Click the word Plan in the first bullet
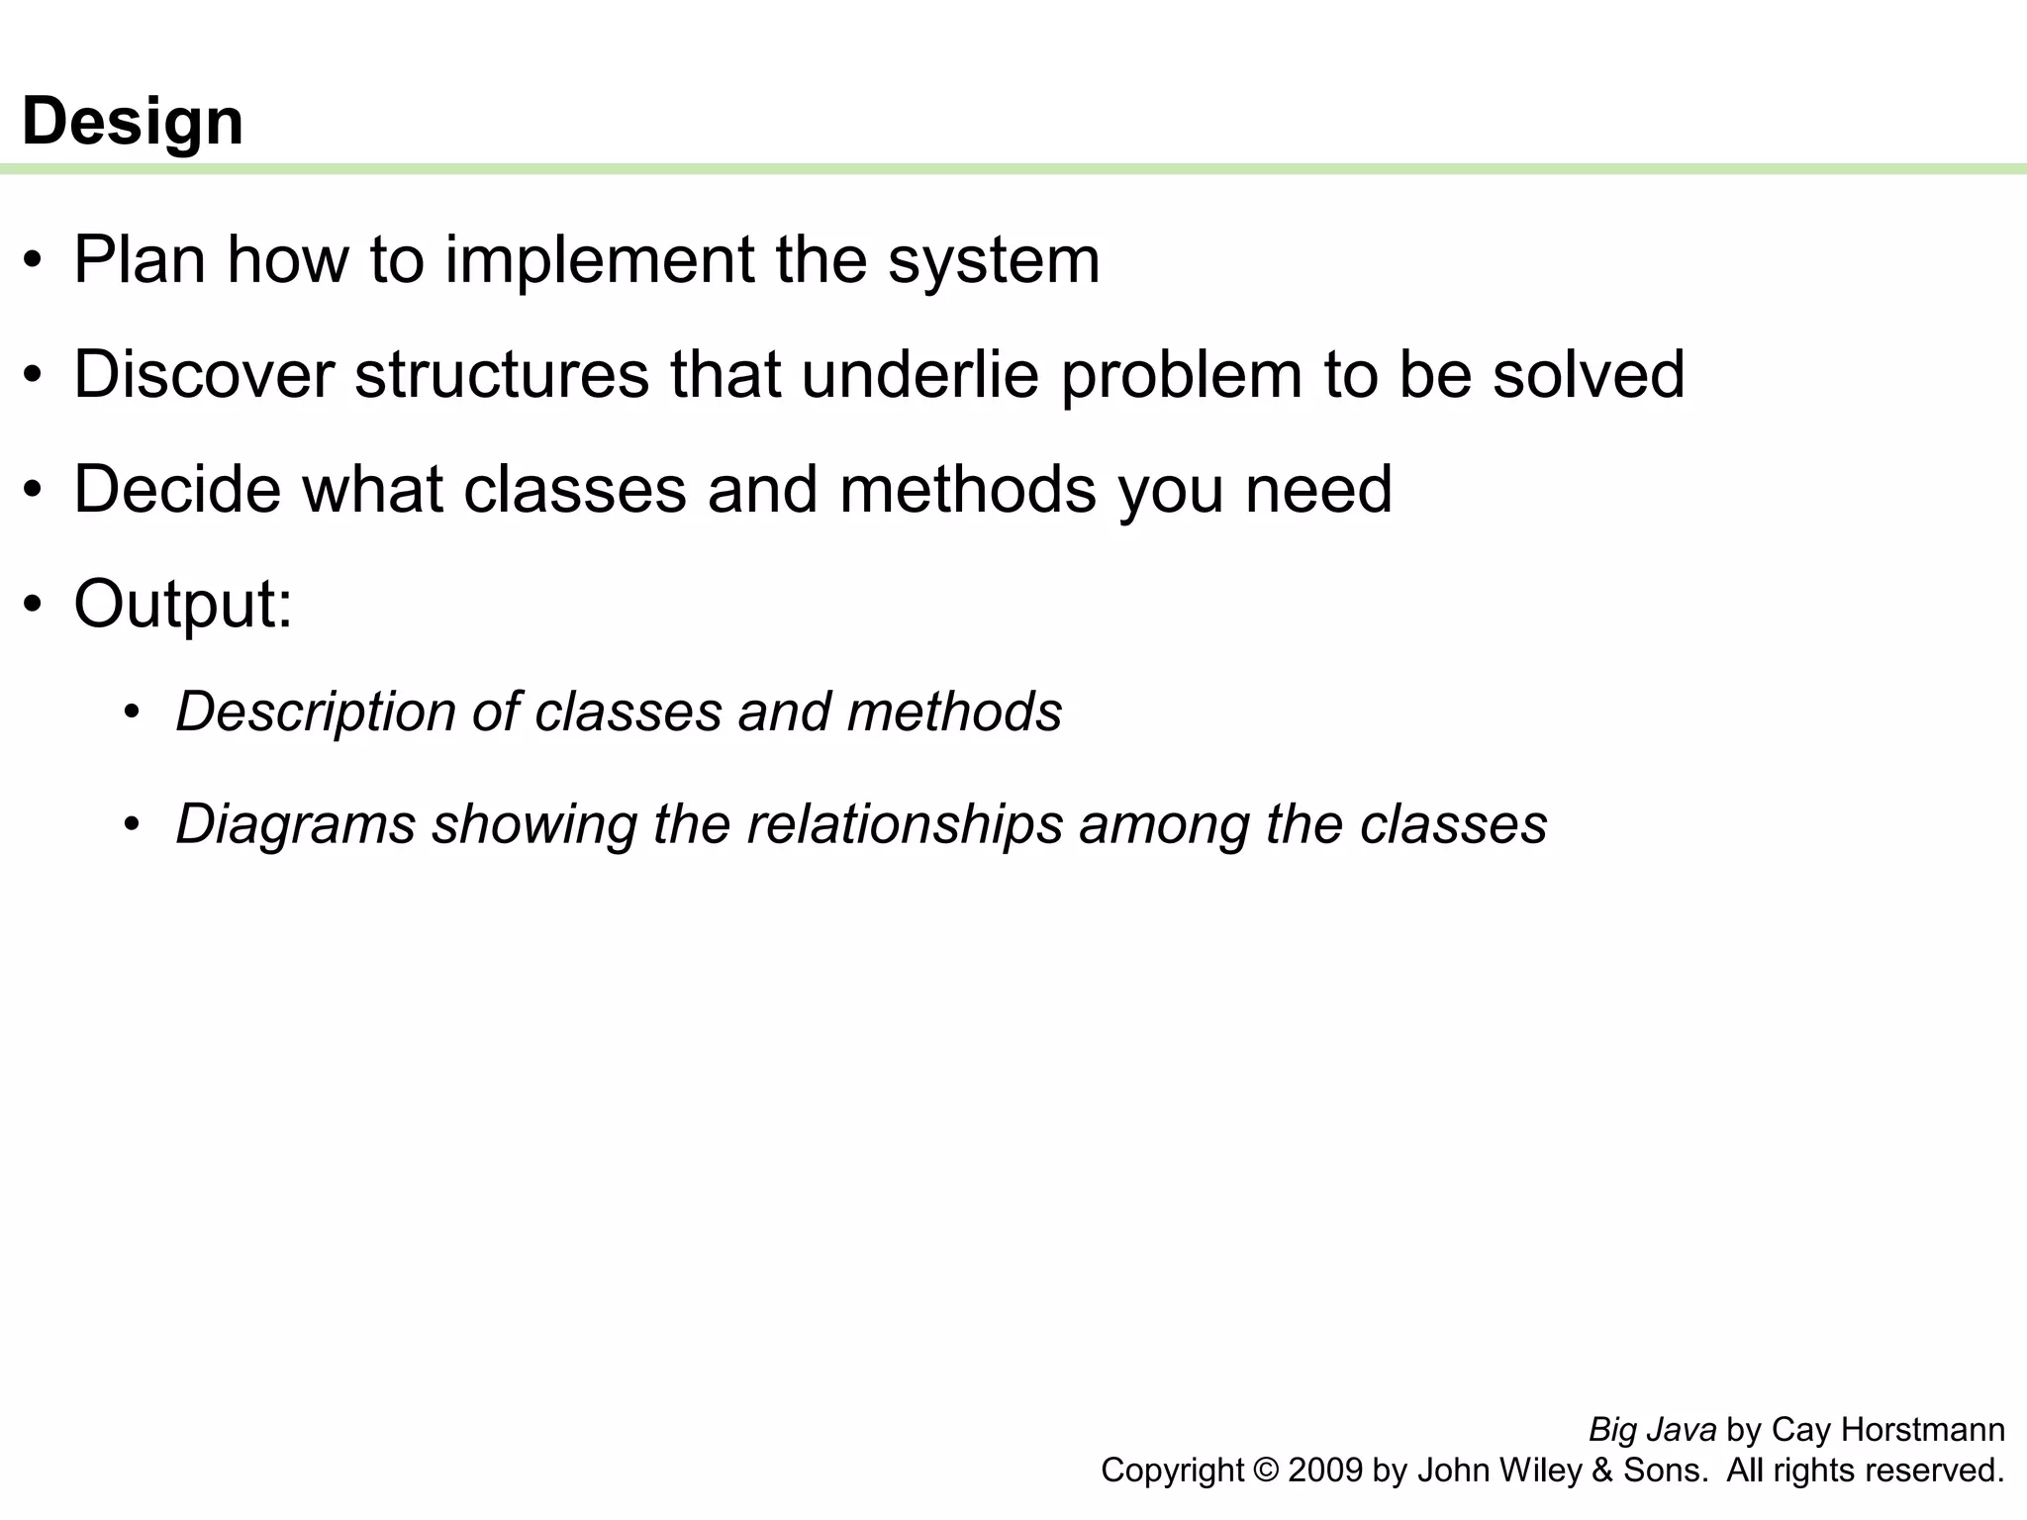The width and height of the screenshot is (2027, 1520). tap(139, 260)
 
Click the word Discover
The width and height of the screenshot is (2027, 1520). tap(203, 375)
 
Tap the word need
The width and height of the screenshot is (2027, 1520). tap(1318, 490)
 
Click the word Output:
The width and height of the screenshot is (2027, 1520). tap(183, 604)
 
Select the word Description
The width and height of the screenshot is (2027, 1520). tap(316, 712)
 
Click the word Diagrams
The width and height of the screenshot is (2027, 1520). tap(295, 824)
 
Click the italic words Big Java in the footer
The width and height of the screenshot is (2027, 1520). tap(1652, 1430)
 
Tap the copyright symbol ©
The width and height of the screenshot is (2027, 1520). tap(1265, 1471)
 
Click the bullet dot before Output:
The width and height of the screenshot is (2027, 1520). tap(34, 606)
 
